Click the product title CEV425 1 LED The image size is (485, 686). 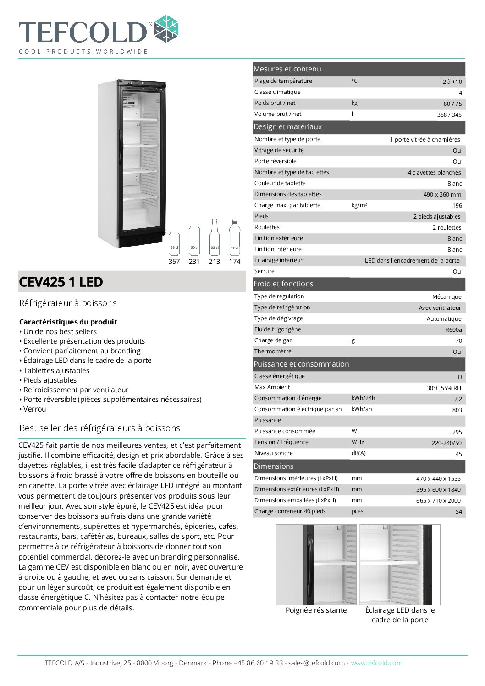click(x=61, y=282)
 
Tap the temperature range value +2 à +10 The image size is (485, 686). click(x=450, y=82)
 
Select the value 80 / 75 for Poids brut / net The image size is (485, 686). click(x=452, y=104)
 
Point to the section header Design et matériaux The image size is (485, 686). click(x=287, y=127)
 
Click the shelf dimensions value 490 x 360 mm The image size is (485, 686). click(x=442, y=195)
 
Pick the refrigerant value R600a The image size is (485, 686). click(x=453, y=330)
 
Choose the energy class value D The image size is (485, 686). click(x=459, y=377)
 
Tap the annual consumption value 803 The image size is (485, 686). click(x=457, y=410)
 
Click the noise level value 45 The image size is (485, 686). click(x=458, y=454)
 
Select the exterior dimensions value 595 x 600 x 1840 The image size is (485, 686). click(x=438, y=490)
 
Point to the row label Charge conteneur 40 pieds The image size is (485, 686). click(x=290, y=511)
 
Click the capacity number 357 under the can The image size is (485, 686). click(x=174, y=262)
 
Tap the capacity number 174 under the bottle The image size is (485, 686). click(x=234, y=262)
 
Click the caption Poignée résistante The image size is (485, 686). click(x=316, y=610)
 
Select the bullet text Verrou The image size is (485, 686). click(x=34, y=409)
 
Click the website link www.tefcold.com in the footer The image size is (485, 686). click(x=376, y=663)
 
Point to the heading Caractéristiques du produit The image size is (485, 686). click(x=68, y=322)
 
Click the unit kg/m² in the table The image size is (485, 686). click(x=359, y=205)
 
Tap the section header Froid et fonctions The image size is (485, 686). click(x=283, y=284)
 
